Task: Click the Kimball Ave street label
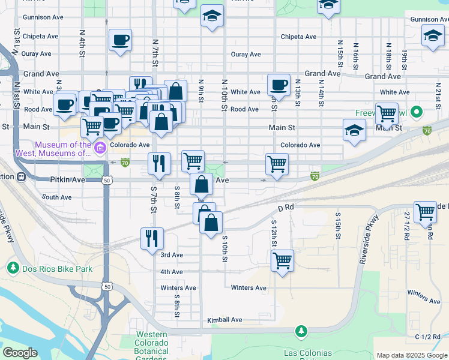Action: point(224,320)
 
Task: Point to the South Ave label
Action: point(57,197)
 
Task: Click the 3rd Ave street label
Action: point(172,255)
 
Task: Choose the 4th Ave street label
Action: point(172,272)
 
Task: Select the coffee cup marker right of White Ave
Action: point(279,85)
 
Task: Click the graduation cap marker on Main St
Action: point(355,130)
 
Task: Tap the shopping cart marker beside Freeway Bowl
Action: point(387,113)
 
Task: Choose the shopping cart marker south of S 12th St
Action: point(282,261)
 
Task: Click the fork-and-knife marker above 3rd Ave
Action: point(152,238)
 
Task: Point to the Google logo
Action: point(20,353)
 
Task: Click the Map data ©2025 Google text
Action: point(411,355)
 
